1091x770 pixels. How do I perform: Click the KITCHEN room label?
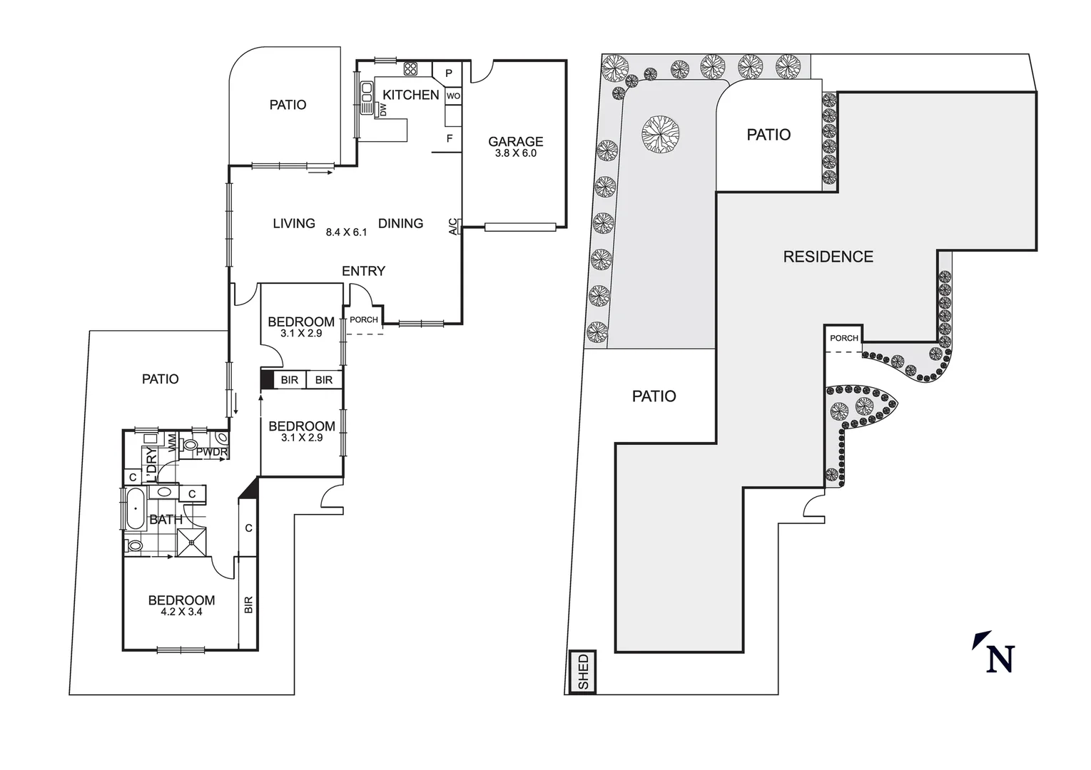[x=410, y=95]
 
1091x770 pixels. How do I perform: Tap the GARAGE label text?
[x=515, y=141]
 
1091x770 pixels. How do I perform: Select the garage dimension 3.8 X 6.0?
[x=515, y=153]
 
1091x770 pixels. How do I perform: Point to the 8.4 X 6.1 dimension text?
[x=346, y=232]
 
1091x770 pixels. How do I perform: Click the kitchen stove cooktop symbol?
[x=410, y=68]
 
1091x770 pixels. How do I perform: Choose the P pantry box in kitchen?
[x=449, y=73]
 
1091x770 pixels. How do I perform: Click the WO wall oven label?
[x=453, y=96]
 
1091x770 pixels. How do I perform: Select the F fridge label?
[x=450, y=138]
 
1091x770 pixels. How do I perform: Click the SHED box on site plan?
[x=584, y=672]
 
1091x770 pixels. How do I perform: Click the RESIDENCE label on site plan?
[x=828, y=257]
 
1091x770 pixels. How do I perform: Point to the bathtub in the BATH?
[x=134, y=509]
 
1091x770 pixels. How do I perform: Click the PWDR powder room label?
[x=211, y=452]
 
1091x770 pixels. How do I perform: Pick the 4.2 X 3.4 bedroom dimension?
[x=181, y=611]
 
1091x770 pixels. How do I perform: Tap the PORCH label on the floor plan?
[x=364, y=319]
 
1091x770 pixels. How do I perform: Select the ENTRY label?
[x=363, y=271]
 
